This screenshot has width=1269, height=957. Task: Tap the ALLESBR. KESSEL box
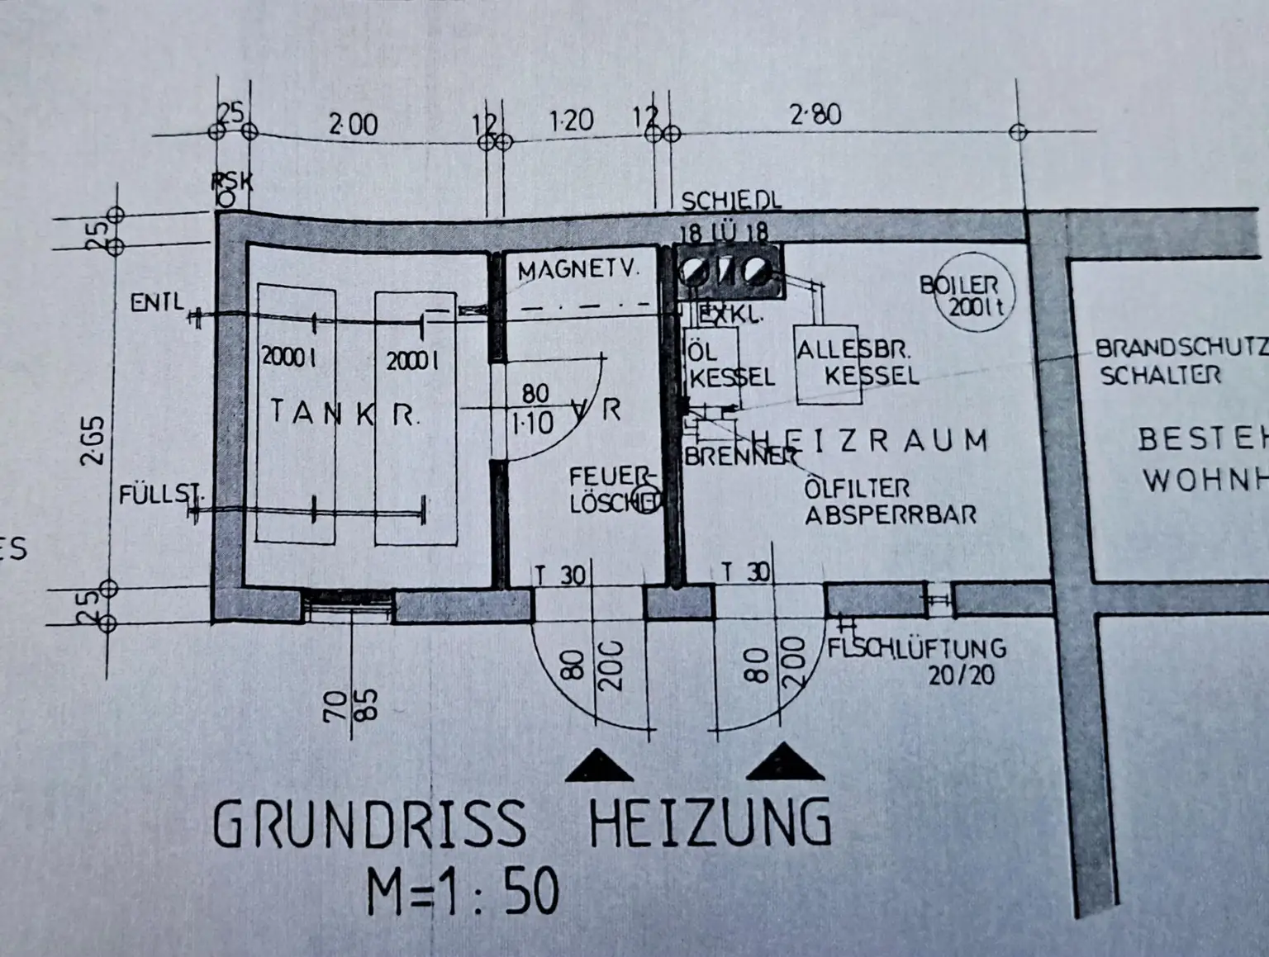coord(829,364)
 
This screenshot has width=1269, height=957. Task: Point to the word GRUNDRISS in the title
coord(368,823)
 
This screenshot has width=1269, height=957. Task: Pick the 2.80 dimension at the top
coord(815,114)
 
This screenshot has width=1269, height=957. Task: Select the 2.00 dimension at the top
coord(353,125)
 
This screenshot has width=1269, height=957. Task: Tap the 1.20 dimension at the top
coord(571,121)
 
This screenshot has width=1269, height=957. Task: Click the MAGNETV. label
coord(578,270)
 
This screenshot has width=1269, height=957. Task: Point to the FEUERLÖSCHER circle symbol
coord(645,499)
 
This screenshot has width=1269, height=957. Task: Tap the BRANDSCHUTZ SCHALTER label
coord(1180,361)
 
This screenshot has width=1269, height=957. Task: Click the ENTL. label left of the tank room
coord(157,302)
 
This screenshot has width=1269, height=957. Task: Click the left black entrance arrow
coord(599,765)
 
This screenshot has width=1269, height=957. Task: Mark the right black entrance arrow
coord(784,762)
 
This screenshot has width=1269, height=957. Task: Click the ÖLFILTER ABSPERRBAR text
coord(889,501)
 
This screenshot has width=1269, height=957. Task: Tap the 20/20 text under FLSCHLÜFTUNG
coord(961,675)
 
